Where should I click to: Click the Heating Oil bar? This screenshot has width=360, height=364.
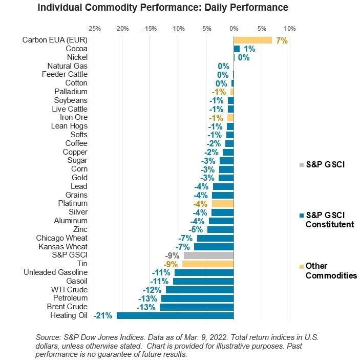[175, 315]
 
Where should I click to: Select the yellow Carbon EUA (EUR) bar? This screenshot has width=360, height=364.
[252, 40]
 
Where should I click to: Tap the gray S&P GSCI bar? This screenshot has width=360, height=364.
[208, 255]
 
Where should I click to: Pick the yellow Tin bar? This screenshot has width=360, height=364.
[207, 264]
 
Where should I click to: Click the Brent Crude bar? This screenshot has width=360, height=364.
[197, 307]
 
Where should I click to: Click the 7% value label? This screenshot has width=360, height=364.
[281, 40]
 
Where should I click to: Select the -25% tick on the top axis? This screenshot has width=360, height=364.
[94, 29]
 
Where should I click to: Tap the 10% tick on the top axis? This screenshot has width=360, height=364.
[289, 29]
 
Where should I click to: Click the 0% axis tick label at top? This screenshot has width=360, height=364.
[234, 29]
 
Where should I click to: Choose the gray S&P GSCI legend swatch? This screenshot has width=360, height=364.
[302, 165]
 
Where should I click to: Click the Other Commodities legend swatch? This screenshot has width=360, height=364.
[302, 266]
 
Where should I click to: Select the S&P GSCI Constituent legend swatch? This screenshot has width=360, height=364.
[302, 216]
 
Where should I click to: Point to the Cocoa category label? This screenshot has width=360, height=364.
[77, 49]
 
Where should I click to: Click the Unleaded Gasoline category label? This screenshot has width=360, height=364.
[55, 272]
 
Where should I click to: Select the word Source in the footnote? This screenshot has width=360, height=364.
[48, 337]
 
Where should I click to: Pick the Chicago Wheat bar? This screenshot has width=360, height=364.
[215, 238]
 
